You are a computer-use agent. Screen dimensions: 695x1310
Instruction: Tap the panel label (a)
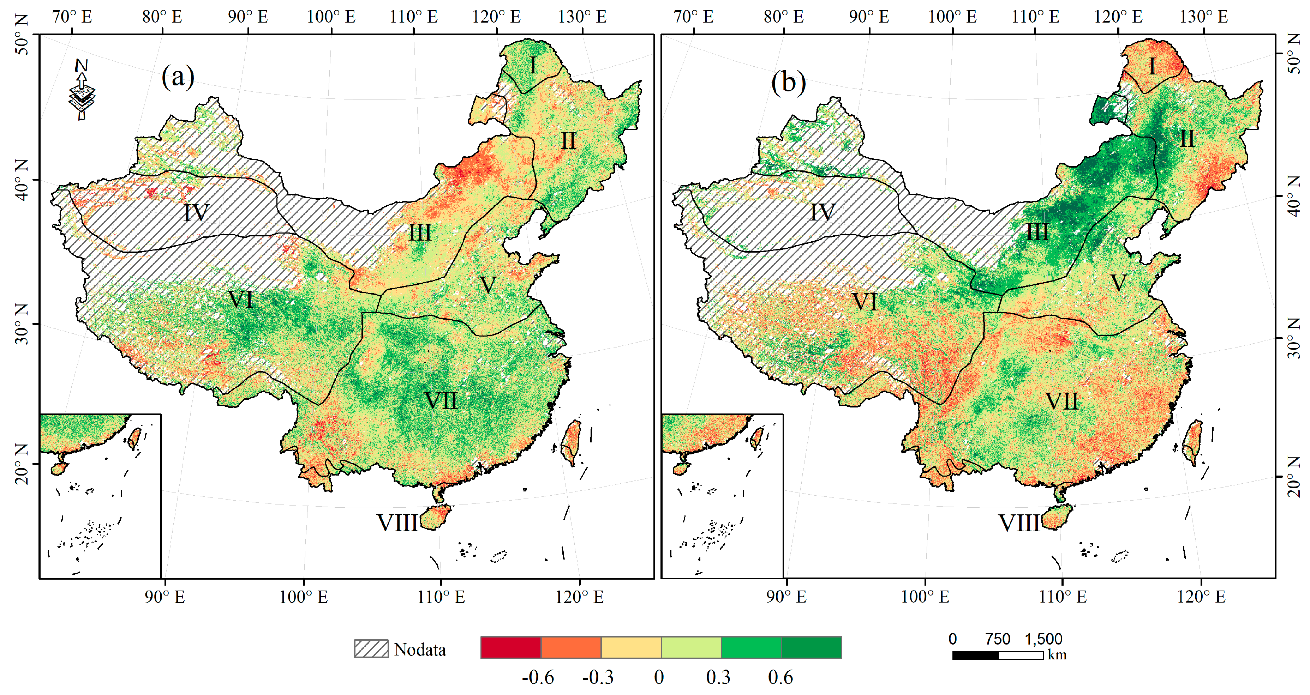pyautogui.click(x=178, y=77)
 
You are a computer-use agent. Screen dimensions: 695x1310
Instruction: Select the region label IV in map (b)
pyautogui.click(x=822, y=212)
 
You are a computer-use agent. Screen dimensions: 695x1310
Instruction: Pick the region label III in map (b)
pyautogui.click(x=1037, y=232)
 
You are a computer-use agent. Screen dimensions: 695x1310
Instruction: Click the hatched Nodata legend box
pyautogui.click(x=371, y=649)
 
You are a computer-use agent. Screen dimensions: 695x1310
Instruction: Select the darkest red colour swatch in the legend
pyautogui.click(x=510, y=647)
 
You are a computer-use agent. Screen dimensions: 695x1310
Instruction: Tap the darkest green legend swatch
pyautogui.click(x=811, y=647)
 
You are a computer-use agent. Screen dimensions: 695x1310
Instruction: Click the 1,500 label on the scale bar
pyautogui.click(x=1043, y=639)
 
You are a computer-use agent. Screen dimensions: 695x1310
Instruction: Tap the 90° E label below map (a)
pyautogui.click(x=164, y=596)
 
